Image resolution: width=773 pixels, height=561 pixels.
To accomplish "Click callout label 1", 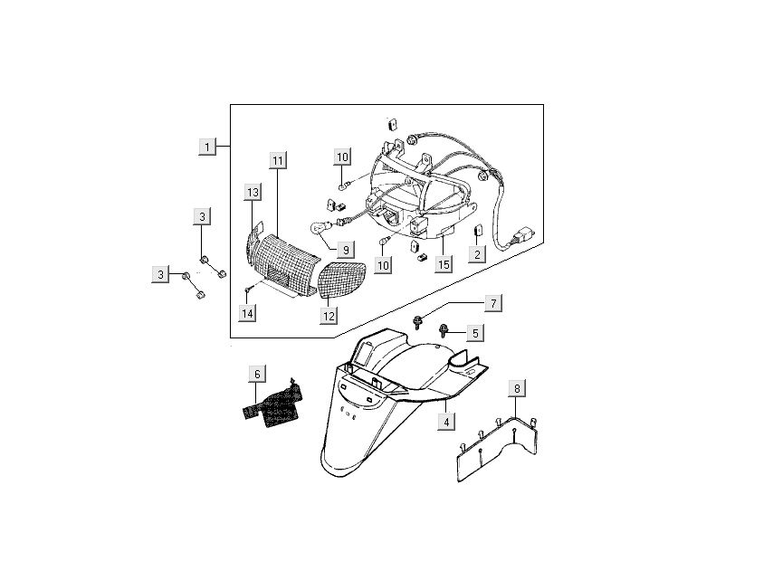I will (207, 146).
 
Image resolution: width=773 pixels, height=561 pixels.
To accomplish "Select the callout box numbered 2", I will (476, 254).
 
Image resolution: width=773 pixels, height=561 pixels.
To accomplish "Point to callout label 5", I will (475, 332).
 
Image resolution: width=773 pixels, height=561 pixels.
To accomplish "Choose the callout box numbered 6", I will (257, 373).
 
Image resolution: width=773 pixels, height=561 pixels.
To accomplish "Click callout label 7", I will (493, 302).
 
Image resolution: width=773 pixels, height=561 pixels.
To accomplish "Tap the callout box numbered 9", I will (344, 249).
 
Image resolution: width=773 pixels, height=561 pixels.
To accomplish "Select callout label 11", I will (278, 160).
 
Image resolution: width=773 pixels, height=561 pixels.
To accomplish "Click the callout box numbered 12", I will (328, 316).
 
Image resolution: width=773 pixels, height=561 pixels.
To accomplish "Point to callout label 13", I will (253, 192).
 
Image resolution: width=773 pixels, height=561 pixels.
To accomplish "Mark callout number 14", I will (248, 313).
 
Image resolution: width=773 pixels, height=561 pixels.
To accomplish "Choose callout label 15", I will (444, 264).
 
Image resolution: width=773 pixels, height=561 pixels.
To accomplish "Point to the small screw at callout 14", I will (246, 290).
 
